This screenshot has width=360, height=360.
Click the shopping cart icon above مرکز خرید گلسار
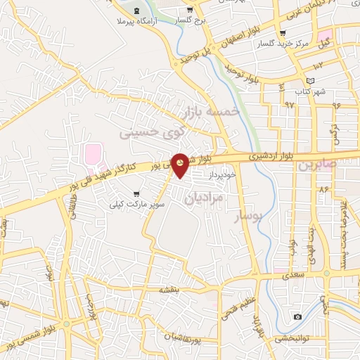click(x=283, y=33)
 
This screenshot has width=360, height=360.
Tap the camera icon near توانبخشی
click(x=297, y=317)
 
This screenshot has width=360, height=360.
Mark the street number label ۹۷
click(x=289, y=104)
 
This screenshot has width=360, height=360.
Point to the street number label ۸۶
click(x=324, y=190)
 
